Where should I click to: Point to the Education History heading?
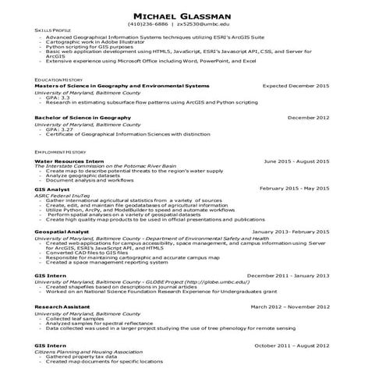pyautogui.click(x=58, y=80)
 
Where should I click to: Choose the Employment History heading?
pyautogui.click(x=60, y=151)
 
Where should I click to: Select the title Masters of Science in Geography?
pyautogui.click(x=122, y=86)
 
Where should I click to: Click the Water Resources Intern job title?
pyautogui.click(x=69, y=159)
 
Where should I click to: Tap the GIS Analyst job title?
pyautogui.click(x=52, y=189)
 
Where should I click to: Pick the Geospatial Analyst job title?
pyautogui.click(x=63, y=232)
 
